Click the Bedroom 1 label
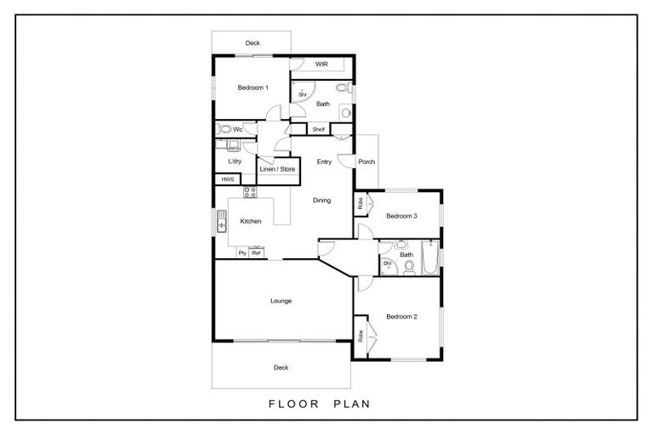tap(253, 88)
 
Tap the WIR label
tap(321, 64)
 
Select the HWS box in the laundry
tap(227, 179)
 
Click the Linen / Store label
tap(277, 169)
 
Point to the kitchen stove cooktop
tap(250, 192)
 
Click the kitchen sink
tap(222, 221)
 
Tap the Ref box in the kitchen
tap(256, 252)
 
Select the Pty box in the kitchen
tap(243, 252)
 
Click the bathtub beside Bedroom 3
tap(430, 257)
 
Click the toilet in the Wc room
tap(224, 129)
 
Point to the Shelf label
tap(319, 129)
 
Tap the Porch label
tap(366, 161)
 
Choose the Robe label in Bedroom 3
tap(361, 204)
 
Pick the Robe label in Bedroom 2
tap(361, 336)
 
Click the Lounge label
tap(281, 301)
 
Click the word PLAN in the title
tap(352, 404)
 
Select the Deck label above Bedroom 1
tap(253, 42)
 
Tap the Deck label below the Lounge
tap(281, 367)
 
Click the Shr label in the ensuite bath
tap(303, 95)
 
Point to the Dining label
tap(322, 201)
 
